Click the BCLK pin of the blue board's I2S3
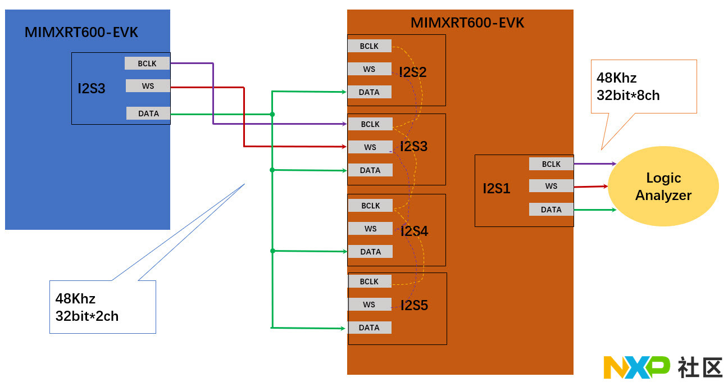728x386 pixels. coord(147,63)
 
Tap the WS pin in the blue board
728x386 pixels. coord(148,86)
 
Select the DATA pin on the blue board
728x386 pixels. coord(148,113)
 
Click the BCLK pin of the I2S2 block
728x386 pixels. coord(369,46)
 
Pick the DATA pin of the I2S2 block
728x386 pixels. coord(369,92)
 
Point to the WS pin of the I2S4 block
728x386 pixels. coord(370,229)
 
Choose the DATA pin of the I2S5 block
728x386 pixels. coord(369,328)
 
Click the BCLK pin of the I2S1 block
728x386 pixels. coord(551,164)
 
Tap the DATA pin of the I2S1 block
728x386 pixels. coord(551,210)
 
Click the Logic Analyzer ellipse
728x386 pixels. coord(663,187)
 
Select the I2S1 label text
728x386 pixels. coord(497,189)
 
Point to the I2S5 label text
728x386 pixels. coord(414,306)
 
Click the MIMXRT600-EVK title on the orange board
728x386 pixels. coord(467,23)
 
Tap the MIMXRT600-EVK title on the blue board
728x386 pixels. coord(81,33)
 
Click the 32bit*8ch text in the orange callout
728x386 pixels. coord(628,96)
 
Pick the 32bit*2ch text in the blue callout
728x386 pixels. coord(87,316)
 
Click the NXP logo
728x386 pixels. coord(636,367)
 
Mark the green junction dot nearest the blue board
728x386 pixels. coord(272,115)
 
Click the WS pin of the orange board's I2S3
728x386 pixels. coord(370,147)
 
